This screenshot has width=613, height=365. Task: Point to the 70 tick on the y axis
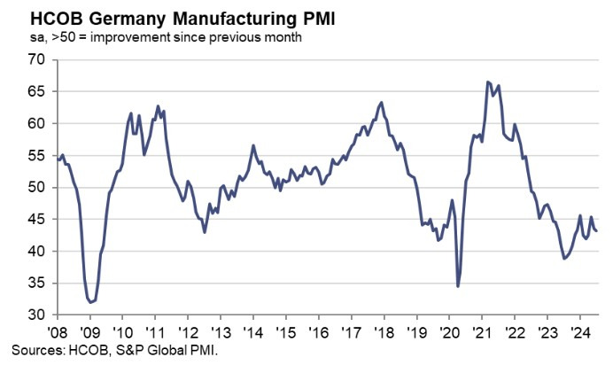35,60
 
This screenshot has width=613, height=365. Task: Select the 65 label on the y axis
35,92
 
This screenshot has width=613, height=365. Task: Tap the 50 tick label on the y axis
35,188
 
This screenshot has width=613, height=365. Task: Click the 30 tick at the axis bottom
35,315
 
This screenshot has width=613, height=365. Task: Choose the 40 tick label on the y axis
35,252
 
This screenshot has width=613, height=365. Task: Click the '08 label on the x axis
58,329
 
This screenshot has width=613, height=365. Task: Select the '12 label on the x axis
188,329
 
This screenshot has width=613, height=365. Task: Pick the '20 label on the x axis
448,329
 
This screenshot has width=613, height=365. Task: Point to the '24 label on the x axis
578,329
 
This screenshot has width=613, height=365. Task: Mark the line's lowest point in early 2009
91,302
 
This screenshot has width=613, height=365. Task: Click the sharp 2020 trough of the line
458,286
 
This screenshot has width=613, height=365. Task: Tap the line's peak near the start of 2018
381,103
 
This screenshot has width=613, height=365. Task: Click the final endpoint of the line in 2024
596,231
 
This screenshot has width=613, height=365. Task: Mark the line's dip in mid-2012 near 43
205,232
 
